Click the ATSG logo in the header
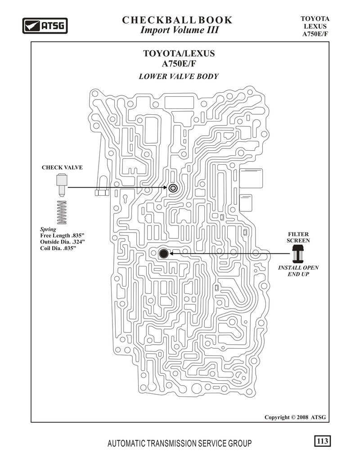[x=45, y=26]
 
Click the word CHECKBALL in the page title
[x=158, y=20]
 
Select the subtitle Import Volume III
[x=179, y=30]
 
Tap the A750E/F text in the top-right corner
[x=315, y=34]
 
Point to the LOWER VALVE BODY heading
[x=179, y=76]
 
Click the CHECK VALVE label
[x=62, y=167]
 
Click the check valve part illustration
[x=62, y=185]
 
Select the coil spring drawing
[x=62, y=212]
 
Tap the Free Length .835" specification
[x=62, y=236]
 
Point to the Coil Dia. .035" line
[x=58, y=248]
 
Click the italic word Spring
[x=48, y=229]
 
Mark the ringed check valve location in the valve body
[x=173, y=188]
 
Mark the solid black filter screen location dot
[x=163, y=253]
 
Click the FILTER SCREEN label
[x=298, y=238]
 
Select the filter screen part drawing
[x=297, y=254]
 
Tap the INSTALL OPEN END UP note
[x=298, y=271]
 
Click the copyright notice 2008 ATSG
[x=295, y=417]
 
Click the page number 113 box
[x=322, y=441]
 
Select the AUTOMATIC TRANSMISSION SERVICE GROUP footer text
[x=180, y=443]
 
